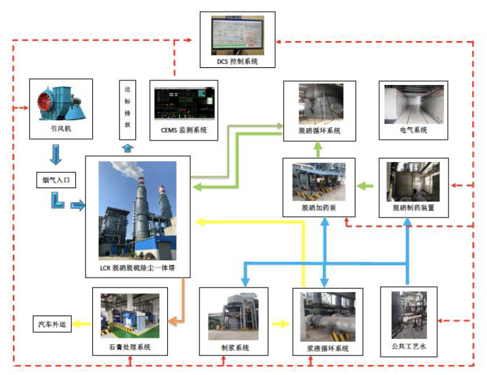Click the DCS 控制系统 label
tap(238, 61)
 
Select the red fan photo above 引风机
tap(59, 103)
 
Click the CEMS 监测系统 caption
tap(184, 130)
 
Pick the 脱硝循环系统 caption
tap(320, 131)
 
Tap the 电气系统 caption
tap(413, 130)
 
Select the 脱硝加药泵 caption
tap(319, 208)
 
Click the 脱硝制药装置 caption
tap(413, 208)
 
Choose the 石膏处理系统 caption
tap(129, 347)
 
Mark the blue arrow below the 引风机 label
tap(56, 155)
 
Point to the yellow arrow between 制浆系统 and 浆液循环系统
tap(280, 323)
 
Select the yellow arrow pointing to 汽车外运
tap(82, 323)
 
